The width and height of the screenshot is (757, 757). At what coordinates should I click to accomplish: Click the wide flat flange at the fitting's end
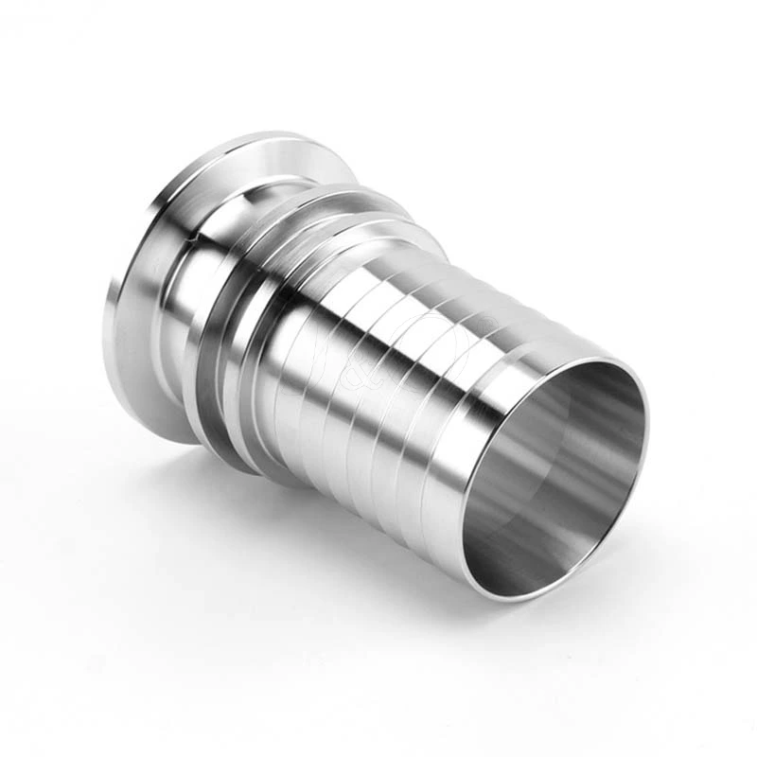(142, 284)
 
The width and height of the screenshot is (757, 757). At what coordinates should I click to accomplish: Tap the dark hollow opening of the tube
(558, 473)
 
